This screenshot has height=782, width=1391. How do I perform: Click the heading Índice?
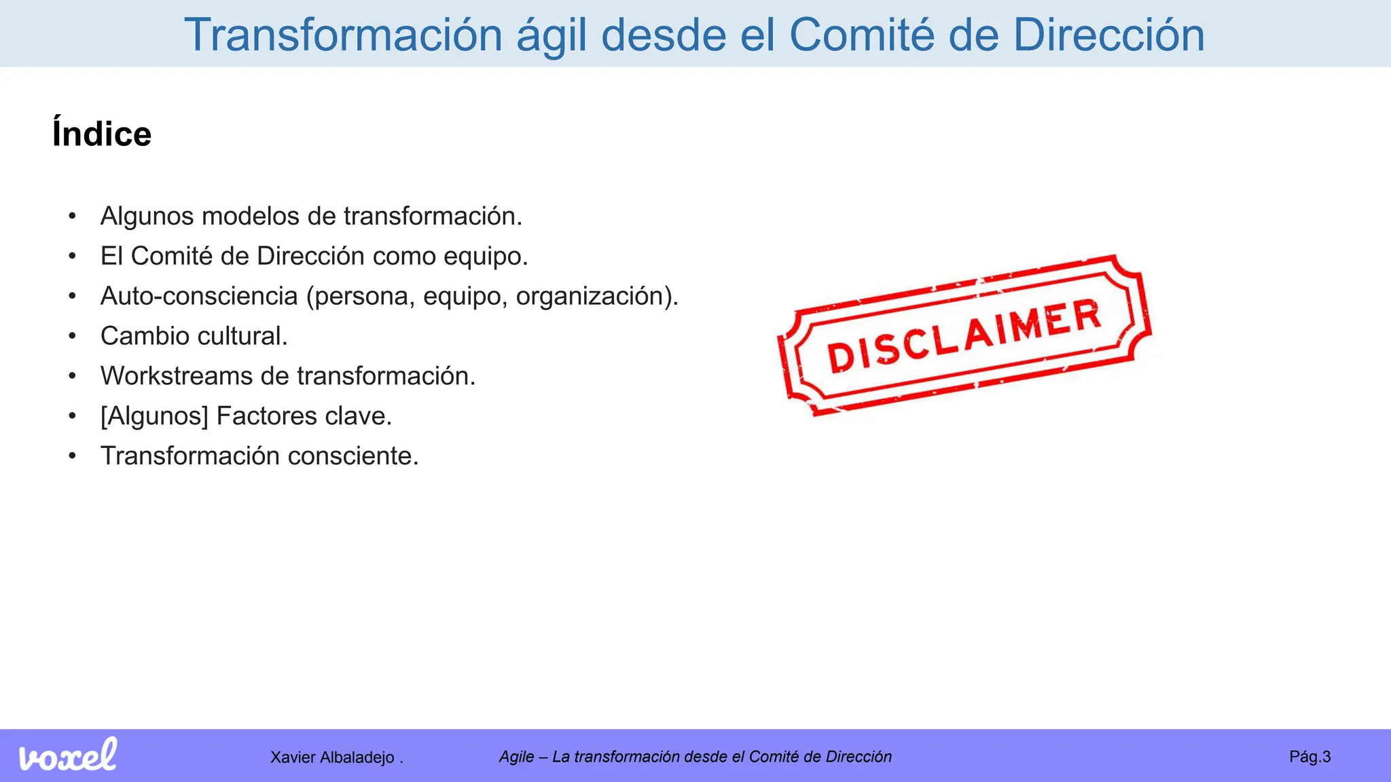[x=102, y=134]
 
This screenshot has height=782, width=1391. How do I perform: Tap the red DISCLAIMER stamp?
[x=964, y=335]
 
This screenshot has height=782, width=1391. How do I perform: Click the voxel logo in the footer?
[x=67, y=755]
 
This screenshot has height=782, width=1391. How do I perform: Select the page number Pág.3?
[x=1309, y=757]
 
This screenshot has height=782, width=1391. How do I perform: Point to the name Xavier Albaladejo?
[x=332, y=758]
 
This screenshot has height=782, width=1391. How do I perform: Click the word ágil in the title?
[x=551, y=35]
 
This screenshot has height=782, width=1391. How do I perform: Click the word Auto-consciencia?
[x=199, y=296]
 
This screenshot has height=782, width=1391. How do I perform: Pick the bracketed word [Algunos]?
[x=154, y=416]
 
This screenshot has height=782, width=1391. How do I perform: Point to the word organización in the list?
[x=594, y=297]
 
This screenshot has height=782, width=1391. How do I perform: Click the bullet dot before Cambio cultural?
[x=73, y=336]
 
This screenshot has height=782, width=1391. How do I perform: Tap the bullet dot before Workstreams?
[x=73, y=376]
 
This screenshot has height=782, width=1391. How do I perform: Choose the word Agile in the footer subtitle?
[x=516, y=757]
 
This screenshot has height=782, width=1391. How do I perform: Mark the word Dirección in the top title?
[x=1108, y=35]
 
